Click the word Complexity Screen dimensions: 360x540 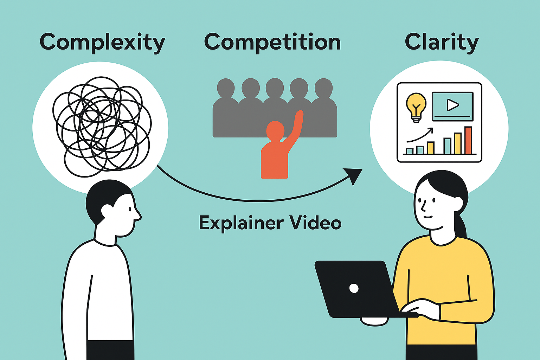tap(102, 43)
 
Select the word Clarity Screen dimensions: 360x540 tap(442, 43)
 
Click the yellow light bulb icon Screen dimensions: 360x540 tap(416, 105)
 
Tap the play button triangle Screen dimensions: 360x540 tap(452, 105)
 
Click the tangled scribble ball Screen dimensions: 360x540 tap(102, 127)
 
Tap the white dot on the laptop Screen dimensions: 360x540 tap(354, 288)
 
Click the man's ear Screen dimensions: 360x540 tap(106, 211)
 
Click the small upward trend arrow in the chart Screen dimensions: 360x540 tap(420, 135)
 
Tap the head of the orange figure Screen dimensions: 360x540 tap(275, 130)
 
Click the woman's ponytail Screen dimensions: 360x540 tap(461, 225)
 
